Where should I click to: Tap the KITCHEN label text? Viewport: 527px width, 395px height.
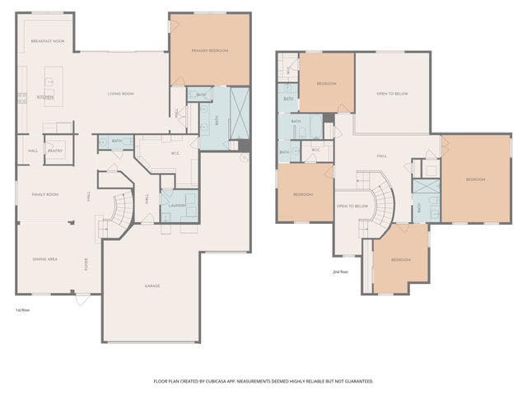point(45,97)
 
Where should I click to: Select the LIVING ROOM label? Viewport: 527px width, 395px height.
point(121,93)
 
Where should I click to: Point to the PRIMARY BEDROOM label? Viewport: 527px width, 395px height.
point(210,51)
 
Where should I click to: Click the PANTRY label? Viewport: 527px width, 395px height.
point(56,151)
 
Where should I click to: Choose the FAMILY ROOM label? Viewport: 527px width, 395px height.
point(45,194)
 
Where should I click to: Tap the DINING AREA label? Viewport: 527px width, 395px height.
point(45,259)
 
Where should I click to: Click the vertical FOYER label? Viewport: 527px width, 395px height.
point(87,264)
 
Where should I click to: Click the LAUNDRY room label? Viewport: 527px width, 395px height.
point(177,206)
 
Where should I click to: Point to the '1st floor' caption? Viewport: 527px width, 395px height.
point(24,310)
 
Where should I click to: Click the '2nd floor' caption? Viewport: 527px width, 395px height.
point(340,271)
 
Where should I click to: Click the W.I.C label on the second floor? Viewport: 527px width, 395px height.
point(315,150)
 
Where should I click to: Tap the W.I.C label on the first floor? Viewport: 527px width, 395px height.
point(175,152)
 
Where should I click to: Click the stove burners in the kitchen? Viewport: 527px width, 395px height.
point(22,98)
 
